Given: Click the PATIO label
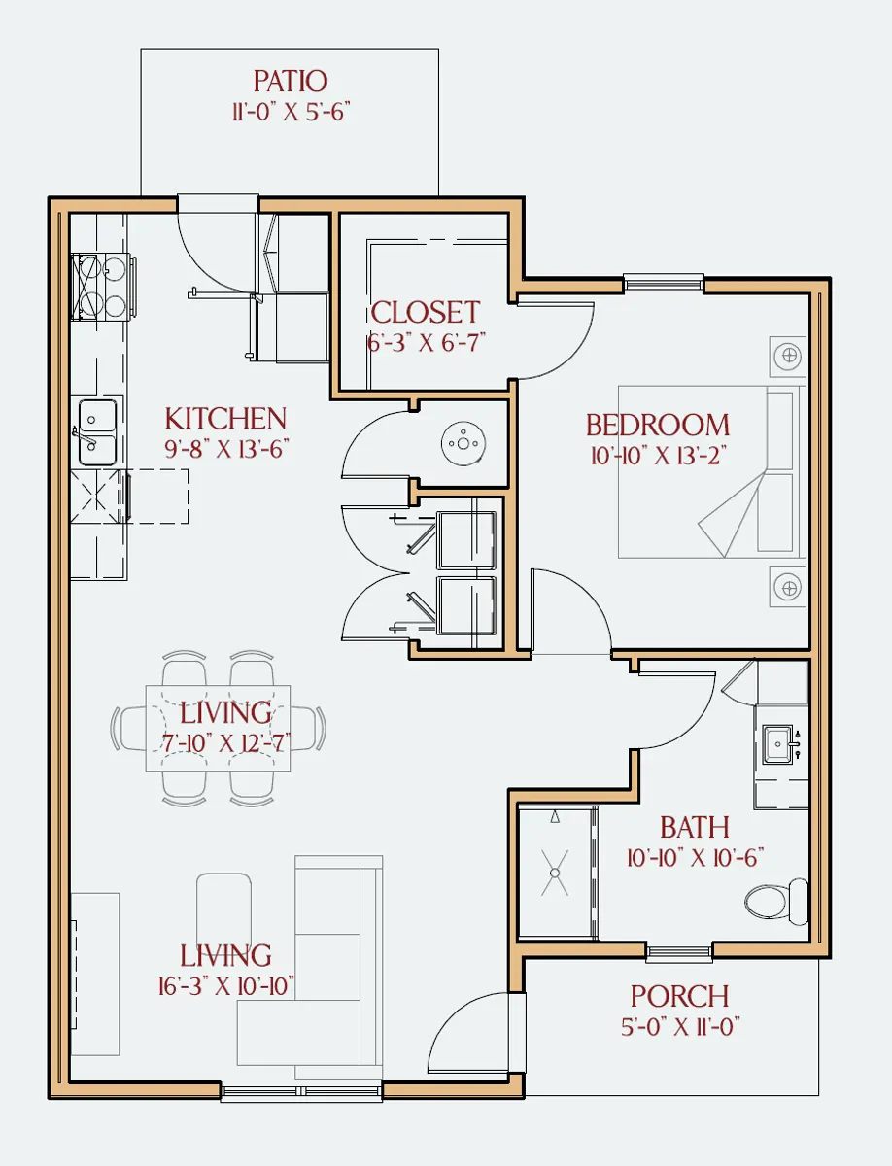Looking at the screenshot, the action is [x=291, y=82].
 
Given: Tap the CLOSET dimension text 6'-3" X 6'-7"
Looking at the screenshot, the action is [x=427, y=342].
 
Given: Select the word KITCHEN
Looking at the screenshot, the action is [x=225, y=419].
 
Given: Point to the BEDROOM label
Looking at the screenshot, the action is [x=658, y=425].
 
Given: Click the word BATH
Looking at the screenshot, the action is [x=695, y=827].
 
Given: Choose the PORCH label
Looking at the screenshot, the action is [x=679, y=996].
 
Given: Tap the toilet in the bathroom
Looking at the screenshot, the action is [x=776, y=902].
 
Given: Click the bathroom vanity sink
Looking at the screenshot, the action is [x=778, y=744].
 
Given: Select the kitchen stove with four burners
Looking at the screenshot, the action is [x=103, y=288].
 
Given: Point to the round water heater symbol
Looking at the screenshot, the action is [x=463, y=443].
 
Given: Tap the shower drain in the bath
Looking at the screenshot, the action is [x=555, y=873].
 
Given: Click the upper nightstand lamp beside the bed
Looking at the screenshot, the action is [x=788, y=356].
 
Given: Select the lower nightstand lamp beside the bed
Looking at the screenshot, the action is [x=788, y=588].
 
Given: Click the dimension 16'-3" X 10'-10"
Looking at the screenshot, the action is [x=225, y=986].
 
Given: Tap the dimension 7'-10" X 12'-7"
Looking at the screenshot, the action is [x=225, y=742].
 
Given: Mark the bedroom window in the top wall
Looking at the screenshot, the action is [x=664, y=282].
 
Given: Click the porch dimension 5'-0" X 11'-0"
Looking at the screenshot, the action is [x=680, y=1026].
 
